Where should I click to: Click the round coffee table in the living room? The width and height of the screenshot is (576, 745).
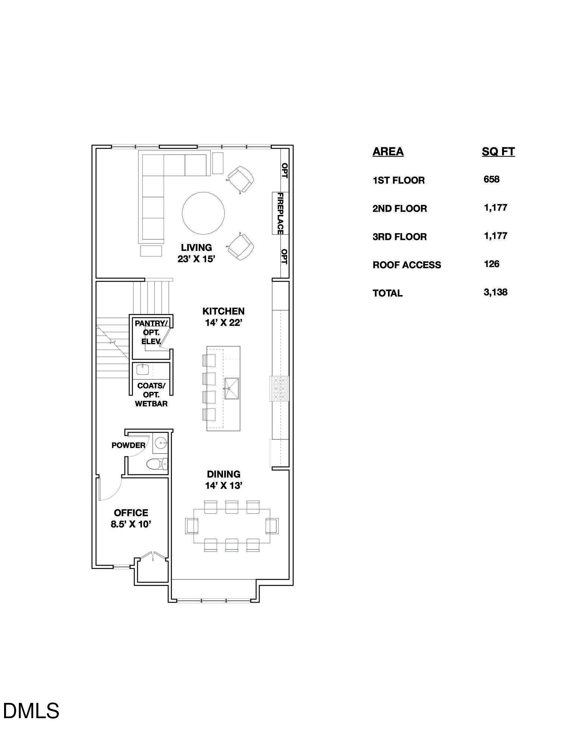[x=203, y=213]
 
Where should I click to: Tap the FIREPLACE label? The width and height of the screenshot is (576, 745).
[x=280, y=213]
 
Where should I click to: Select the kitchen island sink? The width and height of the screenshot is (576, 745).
[x=232, y=389]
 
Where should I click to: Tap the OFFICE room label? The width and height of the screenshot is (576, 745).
[x=131, y=513]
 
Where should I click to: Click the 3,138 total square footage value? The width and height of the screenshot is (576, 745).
[x=495, y=292]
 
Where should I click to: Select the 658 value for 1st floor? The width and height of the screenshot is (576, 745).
[x=491, y=179]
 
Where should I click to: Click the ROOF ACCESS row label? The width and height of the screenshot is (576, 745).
[x=407, y=265]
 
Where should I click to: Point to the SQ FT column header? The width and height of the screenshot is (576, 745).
[x=498, y=152]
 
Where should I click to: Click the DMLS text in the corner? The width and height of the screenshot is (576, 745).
[x=31, y=710]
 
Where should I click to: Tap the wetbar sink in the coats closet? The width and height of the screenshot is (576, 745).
[x=142, y=370]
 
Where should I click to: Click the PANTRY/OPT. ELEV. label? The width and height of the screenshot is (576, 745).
[x=151, y=332]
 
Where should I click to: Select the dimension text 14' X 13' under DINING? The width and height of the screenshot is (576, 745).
[x=224, y=485]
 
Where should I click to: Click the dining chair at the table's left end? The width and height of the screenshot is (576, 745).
[x=192, y=526]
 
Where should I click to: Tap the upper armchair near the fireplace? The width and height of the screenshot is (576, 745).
[x=241, y=179]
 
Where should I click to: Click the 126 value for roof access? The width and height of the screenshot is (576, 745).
[x=491, y=264]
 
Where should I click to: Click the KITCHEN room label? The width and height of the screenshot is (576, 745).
[x=223, y=311]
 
